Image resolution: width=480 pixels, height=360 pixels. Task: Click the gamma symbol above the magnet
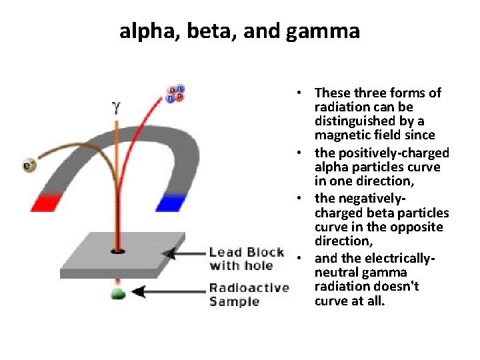click(116, 106)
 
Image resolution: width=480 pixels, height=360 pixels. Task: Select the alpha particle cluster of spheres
click(176, 94)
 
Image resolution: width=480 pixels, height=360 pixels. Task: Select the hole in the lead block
click(117, 251)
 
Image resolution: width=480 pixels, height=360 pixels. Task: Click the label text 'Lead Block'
click(246, 252)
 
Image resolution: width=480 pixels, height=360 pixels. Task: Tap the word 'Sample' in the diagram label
click(234, 301)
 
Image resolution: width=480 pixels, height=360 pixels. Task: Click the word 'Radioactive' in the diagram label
click(249, 288)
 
